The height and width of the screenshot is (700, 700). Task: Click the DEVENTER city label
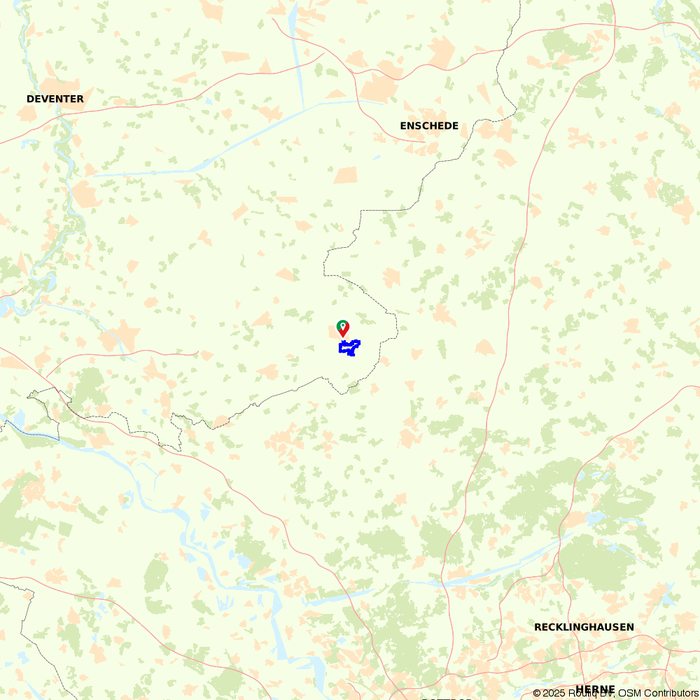[x=55, y=99]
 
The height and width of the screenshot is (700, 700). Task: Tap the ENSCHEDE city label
[x=429, y=126]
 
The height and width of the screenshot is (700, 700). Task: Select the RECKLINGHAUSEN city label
[x=584, y=626]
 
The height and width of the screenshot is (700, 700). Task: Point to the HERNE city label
[x=595, y=689]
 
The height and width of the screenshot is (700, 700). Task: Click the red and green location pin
[x=343, y=328]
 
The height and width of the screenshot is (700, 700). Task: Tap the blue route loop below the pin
[x=349, y=347]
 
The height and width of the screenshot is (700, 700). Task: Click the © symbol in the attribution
[x=536, y=693]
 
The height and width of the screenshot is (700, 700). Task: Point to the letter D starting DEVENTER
[x=30, y=99]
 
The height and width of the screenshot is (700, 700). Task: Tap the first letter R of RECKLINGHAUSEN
[x=538, y=626]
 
